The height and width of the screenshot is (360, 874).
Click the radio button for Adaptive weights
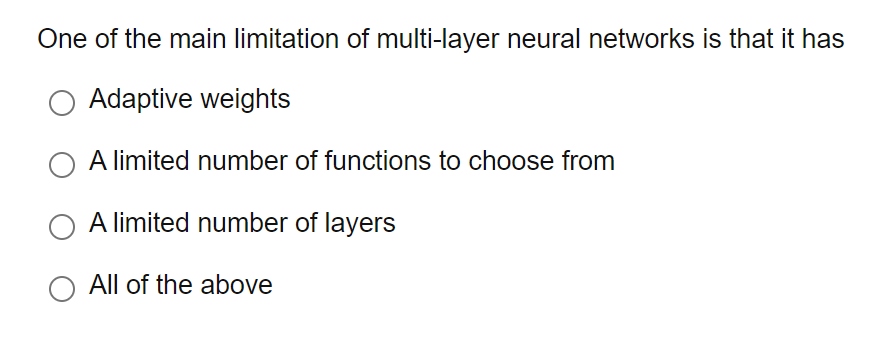62,102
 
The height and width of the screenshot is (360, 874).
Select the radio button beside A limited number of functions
62,163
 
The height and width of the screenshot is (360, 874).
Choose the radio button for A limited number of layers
62,225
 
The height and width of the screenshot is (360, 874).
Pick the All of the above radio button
62,287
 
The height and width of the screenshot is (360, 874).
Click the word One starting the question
59,40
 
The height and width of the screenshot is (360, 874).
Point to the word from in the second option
589,161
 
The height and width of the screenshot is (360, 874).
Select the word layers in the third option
362,223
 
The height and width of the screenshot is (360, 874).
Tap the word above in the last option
237,285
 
